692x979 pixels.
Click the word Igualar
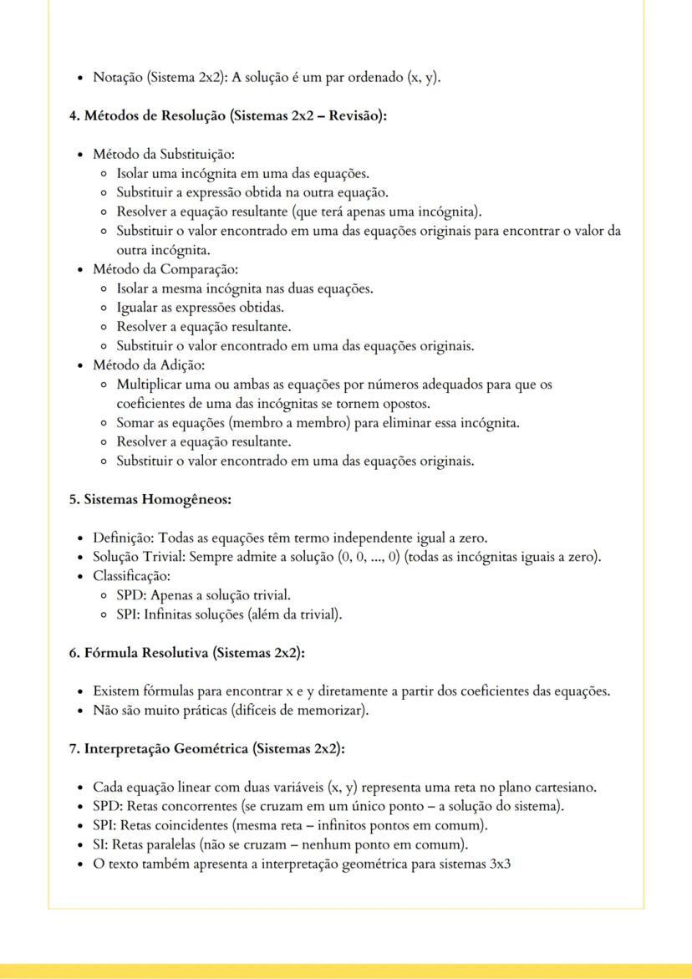tap(136, 308)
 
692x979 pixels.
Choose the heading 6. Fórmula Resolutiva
tap(186, 654)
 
